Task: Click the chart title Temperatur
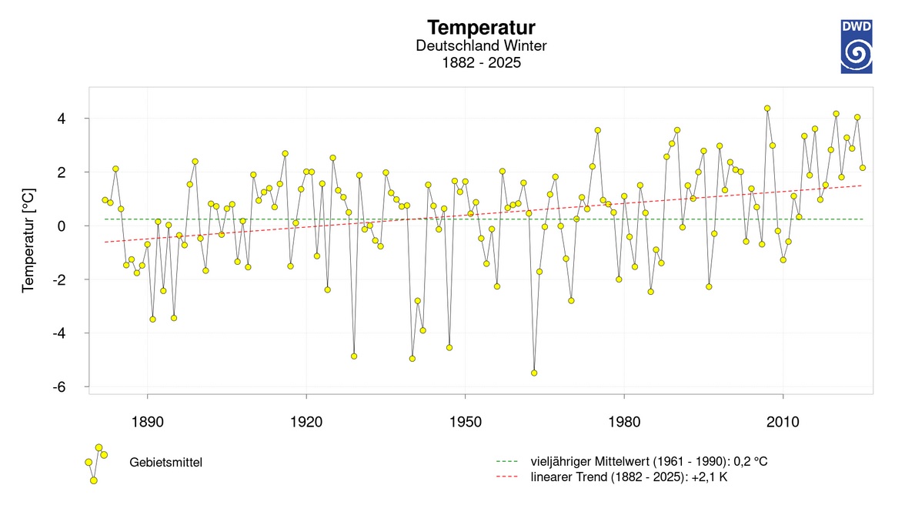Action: point(481,28)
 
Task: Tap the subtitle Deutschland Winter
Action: point(481,46)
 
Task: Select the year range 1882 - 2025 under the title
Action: point(481,63)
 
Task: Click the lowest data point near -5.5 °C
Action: point(534,373)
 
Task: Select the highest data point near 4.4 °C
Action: point(767,109)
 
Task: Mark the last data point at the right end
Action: point(863,168)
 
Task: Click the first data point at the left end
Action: point(105,200)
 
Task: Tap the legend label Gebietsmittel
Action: point(166,462)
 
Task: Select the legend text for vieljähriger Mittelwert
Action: point(649,461)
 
